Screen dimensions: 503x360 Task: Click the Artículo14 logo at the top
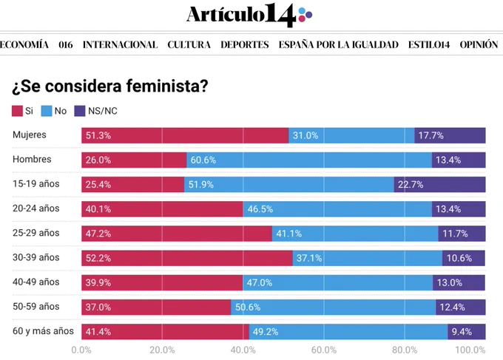point(249,15)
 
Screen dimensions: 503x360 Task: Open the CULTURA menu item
point(189,44)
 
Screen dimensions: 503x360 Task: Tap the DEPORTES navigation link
point(244,44)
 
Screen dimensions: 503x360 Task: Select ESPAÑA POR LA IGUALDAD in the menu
point(339,44)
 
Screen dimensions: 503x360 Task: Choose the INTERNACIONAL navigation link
point(121,44)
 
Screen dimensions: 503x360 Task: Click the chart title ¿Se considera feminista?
point(110,86)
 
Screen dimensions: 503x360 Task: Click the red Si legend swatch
point(17,111)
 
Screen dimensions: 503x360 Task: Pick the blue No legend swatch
point(47,111)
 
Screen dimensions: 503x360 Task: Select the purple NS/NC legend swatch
point(80,111)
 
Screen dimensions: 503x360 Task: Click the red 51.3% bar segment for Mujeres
point(185,135)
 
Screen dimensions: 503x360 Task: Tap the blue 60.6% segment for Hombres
point(309,160)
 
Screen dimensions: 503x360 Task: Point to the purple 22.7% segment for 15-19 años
point(440,184)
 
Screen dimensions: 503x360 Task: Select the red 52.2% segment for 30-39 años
point(187,258)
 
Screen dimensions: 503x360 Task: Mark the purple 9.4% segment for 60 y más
point(467,332)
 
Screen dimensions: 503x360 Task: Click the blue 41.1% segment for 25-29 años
point(356,234)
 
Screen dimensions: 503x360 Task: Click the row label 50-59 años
point(36,307)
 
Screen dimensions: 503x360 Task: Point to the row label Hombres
point(32,160)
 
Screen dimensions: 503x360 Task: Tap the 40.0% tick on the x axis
point(243,350)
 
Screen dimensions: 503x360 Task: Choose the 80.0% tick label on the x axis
point(405,350)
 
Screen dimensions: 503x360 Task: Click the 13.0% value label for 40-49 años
point(450,282)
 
